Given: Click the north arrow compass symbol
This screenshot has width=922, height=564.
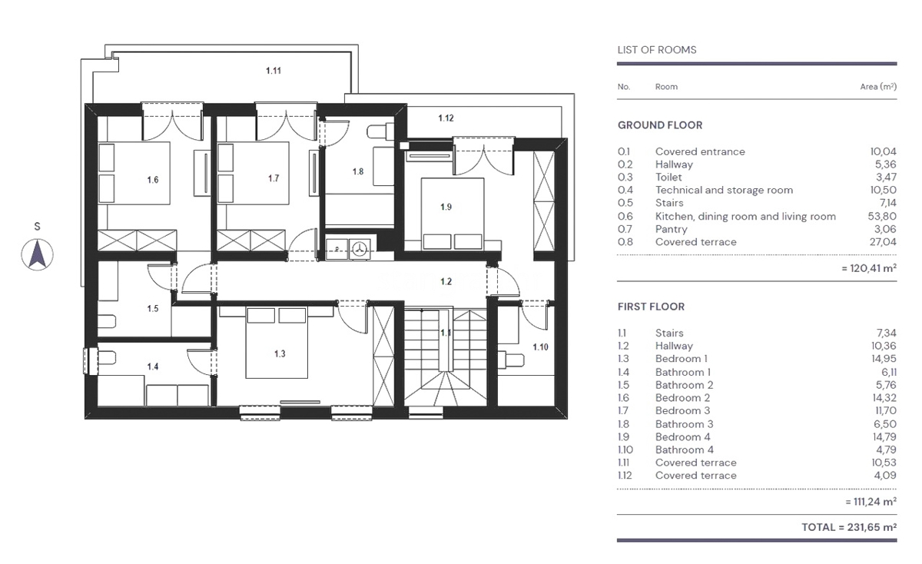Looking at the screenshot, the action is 37,255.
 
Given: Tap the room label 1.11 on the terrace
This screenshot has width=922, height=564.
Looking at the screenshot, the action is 274,71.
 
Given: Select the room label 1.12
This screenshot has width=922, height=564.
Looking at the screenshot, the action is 446,118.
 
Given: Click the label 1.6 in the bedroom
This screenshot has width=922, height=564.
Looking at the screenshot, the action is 153,180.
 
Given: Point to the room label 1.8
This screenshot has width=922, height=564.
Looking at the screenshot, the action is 358,171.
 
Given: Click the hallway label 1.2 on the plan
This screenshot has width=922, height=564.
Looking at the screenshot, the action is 446,281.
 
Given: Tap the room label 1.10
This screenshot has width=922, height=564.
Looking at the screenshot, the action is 540,347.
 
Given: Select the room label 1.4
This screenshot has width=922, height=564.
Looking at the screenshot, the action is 153,367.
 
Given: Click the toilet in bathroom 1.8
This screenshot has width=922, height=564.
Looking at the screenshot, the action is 380,131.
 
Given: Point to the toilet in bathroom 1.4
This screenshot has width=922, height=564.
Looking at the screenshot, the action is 106,357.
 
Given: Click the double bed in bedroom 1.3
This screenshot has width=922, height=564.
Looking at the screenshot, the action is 277,343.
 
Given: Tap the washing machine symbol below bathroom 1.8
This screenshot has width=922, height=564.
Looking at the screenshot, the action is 360,249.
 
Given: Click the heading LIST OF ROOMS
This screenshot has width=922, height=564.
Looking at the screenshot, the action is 657,50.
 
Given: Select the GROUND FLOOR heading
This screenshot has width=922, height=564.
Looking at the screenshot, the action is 660,125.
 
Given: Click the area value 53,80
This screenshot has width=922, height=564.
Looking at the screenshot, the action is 882,216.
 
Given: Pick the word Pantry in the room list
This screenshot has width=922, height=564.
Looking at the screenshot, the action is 672,229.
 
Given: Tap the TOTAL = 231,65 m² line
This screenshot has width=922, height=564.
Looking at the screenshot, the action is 849,527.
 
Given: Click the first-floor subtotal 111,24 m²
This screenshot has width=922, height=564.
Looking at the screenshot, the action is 871,502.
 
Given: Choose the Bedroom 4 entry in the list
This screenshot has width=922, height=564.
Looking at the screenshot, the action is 683,436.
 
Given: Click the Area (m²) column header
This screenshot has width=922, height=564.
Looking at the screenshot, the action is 878,87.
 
